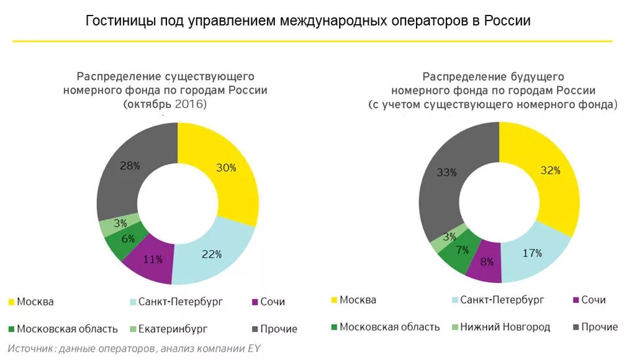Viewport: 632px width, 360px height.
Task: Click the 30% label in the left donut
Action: [226, 168]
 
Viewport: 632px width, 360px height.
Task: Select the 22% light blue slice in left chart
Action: [211, 254]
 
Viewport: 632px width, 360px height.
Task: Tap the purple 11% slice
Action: [152, 259]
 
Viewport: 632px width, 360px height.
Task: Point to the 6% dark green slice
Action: [127, 239]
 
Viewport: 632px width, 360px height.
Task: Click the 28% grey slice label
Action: [130, 166]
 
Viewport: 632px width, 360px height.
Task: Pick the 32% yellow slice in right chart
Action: [550, 170]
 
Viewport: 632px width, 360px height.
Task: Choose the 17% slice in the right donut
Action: [532, 253]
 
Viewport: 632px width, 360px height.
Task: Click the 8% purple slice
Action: [487, 262]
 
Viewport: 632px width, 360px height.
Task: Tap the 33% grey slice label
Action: [446, 173]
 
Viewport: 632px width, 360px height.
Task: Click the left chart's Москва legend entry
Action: [35, 302]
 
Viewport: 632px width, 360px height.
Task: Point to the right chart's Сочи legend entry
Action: [593, 300]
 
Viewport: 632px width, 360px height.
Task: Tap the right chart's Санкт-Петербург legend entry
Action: [502, 300]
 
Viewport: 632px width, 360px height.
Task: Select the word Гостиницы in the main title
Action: [114, 20]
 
